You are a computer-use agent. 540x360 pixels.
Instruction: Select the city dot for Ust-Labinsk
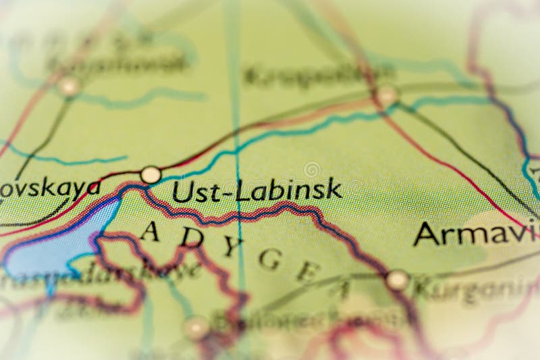(x=151, y=175)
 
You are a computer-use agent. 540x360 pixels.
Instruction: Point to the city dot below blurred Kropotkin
(x=387, y=95)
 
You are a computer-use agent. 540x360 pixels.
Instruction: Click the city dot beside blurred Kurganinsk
(x=398, y=280)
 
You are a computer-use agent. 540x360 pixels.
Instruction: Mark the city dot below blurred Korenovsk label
(x=68, y=86)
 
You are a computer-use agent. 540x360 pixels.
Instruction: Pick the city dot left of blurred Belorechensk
(x=196, y=328)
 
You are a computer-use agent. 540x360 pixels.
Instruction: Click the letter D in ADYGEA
(x=193, y=236)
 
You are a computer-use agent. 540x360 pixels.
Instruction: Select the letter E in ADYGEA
(x=308, y=272)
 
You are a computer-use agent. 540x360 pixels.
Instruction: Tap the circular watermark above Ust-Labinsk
(x=312, y=170)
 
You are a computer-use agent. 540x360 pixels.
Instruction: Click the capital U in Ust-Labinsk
(x=181, y=191)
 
